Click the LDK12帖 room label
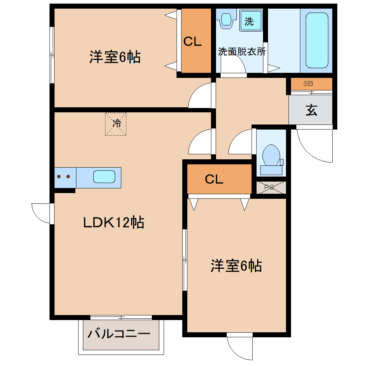113,222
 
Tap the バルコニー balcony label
119,334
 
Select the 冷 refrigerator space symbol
116,124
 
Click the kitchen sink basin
104,177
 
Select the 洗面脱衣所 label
242,51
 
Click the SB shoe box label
308,84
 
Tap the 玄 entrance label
311,110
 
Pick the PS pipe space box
271,187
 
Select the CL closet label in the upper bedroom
192,42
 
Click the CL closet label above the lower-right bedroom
214,179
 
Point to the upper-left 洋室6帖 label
115,57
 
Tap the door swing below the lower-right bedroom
239,347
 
